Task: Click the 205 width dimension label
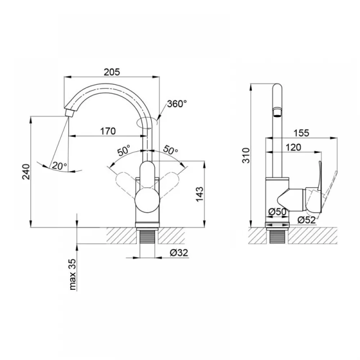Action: pos(112,72)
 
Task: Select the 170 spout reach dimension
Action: pos(108,131)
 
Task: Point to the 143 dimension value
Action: pos(200,194)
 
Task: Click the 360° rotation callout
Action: pos(177,104)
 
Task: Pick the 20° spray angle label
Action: pos(59,165)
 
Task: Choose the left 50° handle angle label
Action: pos(124,150)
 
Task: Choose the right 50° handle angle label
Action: pos(170,150)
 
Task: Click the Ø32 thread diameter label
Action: pos(179,253)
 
